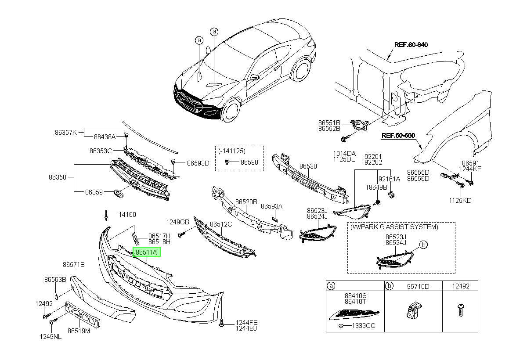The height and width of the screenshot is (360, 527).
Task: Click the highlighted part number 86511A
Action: click(x=146, y=252)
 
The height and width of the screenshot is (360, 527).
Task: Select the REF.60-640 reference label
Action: click(x=411, y=45)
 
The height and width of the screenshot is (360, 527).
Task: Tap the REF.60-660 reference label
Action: click(x=398, y=136)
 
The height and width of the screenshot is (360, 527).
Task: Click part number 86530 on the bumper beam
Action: click(x=308, y=166)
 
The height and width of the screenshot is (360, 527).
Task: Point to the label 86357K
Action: click(x=66, y=133)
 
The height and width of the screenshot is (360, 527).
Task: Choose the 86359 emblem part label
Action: click(x=94, y=192)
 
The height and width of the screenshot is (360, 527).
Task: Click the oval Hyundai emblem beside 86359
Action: click(x=118, y=194)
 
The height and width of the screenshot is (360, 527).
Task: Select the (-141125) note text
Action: click(x=232, y=151)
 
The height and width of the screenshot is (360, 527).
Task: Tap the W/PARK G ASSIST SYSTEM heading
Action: click(x=394, y=227)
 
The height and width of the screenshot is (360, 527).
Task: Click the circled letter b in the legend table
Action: click(x=389, y=286)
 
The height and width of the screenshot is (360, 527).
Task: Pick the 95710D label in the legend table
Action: click(x=418, y=286)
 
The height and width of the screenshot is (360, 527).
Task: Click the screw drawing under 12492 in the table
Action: click(x=461, y=310)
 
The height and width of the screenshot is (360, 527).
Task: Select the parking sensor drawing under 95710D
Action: click(x=414, y=310)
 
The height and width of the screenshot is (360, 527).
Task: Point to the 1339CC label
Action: click(x=364, y=326)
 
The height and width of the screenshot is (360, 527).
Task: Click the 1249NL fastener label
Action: click(x=51, y=337)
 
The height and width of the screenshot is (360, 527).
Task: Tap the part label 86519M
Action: click(x=79, y=331)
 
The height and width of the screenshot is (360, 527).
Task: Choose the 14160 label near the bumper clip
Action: click(x=127, y=214)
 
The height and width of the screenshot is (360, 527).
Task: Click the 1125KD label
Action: click(x=460, y=201)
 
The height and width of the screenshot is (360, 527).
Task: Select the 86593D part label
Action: click(x=198, y=163)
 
